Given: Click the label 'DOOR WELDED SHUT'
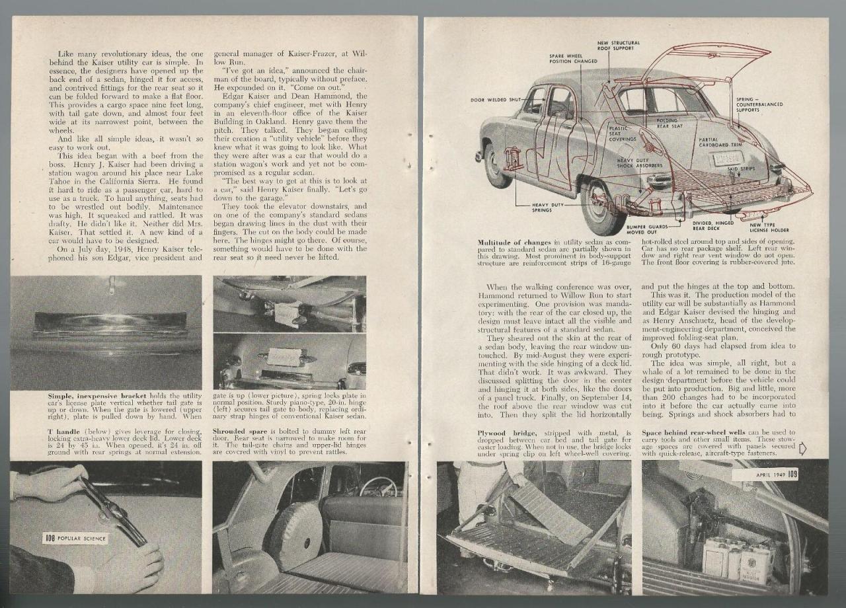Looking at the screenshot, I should [495, 100].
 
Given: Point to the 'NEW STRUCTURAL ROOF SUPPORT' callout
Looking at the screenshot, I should [619, 46].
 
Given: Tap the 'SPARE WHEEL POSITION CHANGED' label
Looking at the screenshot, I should [572, 58].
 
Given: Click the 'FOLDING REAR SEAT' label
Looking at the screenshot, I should [669, 123].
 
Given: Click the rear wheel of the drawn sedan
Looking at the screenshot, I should [602, 208].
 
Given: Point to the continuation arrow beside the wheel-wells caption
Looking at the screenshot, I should [802, 449].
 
